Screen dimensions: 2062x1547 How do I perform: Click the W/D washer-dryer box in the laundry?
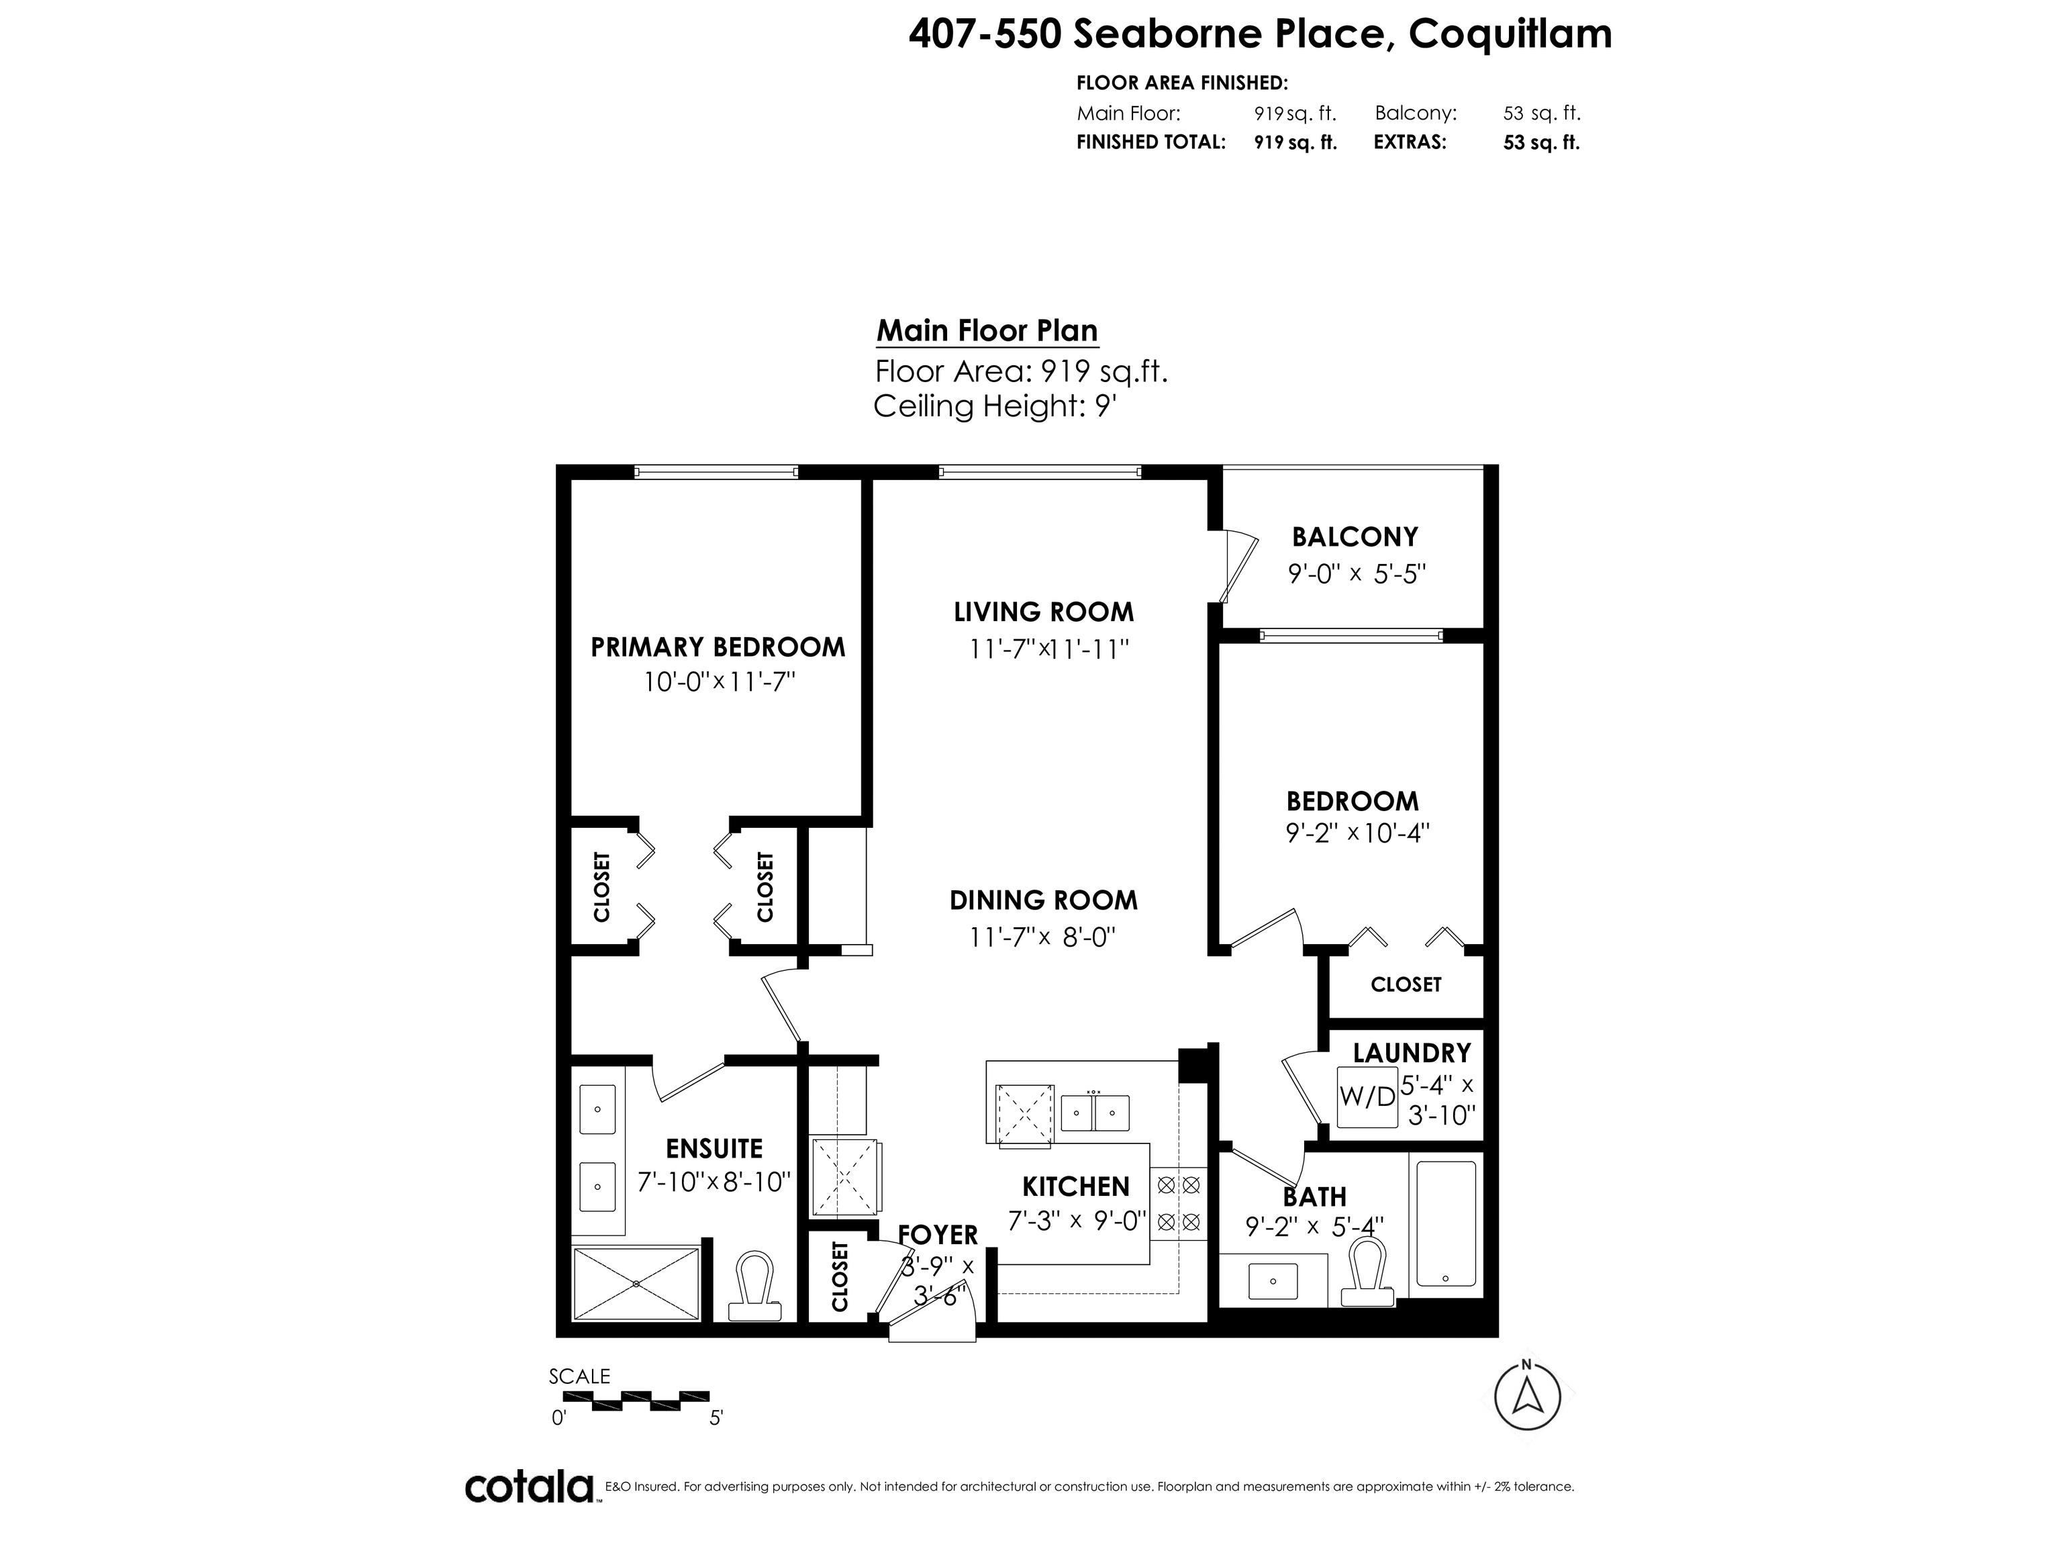coord(1367,1096)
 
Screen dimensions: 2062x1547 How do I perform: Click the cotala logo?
coord(530,1487)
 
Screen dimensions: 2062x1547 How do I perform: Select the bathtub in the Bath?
coord(1445,1223)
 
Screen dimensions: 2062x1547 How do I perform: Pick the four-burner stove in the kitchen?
coord(1178,1203)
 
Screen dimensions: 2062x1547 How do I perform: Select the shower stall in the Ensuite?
coord(636,1284)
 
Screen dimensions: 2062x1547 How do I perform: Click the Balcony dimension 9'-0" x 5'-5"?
coord(1357,573)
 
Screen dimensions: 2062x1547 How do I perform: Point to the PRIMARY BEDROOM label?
coord(718,647)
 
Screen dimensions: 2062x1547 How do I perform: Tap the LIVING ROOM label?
coord(1044,612)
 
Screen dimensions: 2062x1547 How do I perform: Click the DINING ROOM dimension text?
coord(1043,936)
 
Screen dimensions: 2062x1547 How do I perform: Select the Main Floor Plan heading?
coord(987,331)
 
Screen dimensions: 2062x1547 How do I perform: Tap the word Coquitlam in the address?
coord(1510,34)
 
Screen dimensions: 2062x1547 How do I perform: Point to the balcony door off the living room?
coord(1237,566)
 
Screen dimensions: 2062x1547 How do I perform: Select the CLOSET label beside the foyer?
coord(840,1276)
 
